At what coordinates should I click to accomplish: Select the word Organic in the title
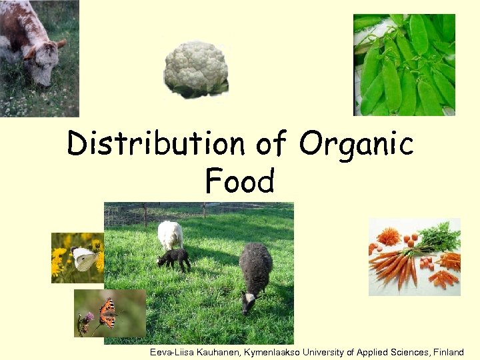(356, 144)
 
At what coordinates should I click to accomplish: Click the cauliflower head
(196, 69)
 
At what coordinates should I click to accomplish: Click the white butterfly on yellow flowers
(85, 259)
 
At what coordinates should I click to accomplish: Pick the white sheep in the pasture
(170, 235)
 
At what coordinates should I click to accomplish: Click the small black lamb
(173, 259)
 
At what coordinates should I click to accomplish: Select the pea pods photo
(404, 65)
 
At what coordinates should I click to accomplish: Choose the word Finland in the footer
(448, 352)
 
